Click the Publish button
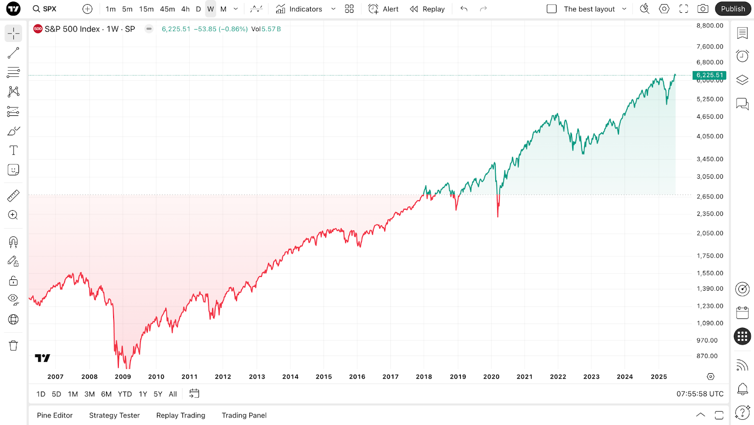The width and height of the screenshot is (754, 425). point(733,9)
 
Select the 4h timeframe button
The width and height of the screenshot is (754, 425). point(185,9)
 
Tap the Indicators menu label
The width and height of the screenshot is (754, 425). point(305,9)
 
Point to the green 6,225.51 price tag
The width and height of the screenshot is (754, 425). point(709,75)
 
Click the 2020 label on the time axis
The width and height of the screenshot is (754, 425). point(491,376)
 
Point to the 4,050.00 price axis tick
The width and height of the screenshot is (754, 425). point(710,136)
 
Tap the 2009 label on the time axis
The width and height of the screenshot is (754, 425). point(123,376)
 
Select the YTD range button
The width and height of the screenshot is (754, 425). point(125,394)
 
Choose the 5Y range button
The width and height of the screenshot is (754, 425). point(158,394)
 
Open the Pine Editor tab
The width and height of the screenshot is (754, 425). point(55,415)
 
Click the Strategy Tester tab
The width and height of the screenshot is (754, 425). point(115,415)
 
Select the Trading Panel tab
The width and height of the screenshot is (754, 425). point(244,415)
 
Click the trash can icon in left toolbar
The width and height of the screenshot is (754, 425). point(13,345)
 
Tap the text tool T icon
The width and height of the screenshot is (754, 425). point(13,150)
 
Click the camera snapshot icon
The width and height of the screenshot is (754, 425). point(703,9)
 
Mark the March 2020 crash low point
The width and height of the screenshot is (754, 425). point(498,216)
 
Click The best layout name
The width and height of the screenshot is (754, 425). point(589,9)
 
